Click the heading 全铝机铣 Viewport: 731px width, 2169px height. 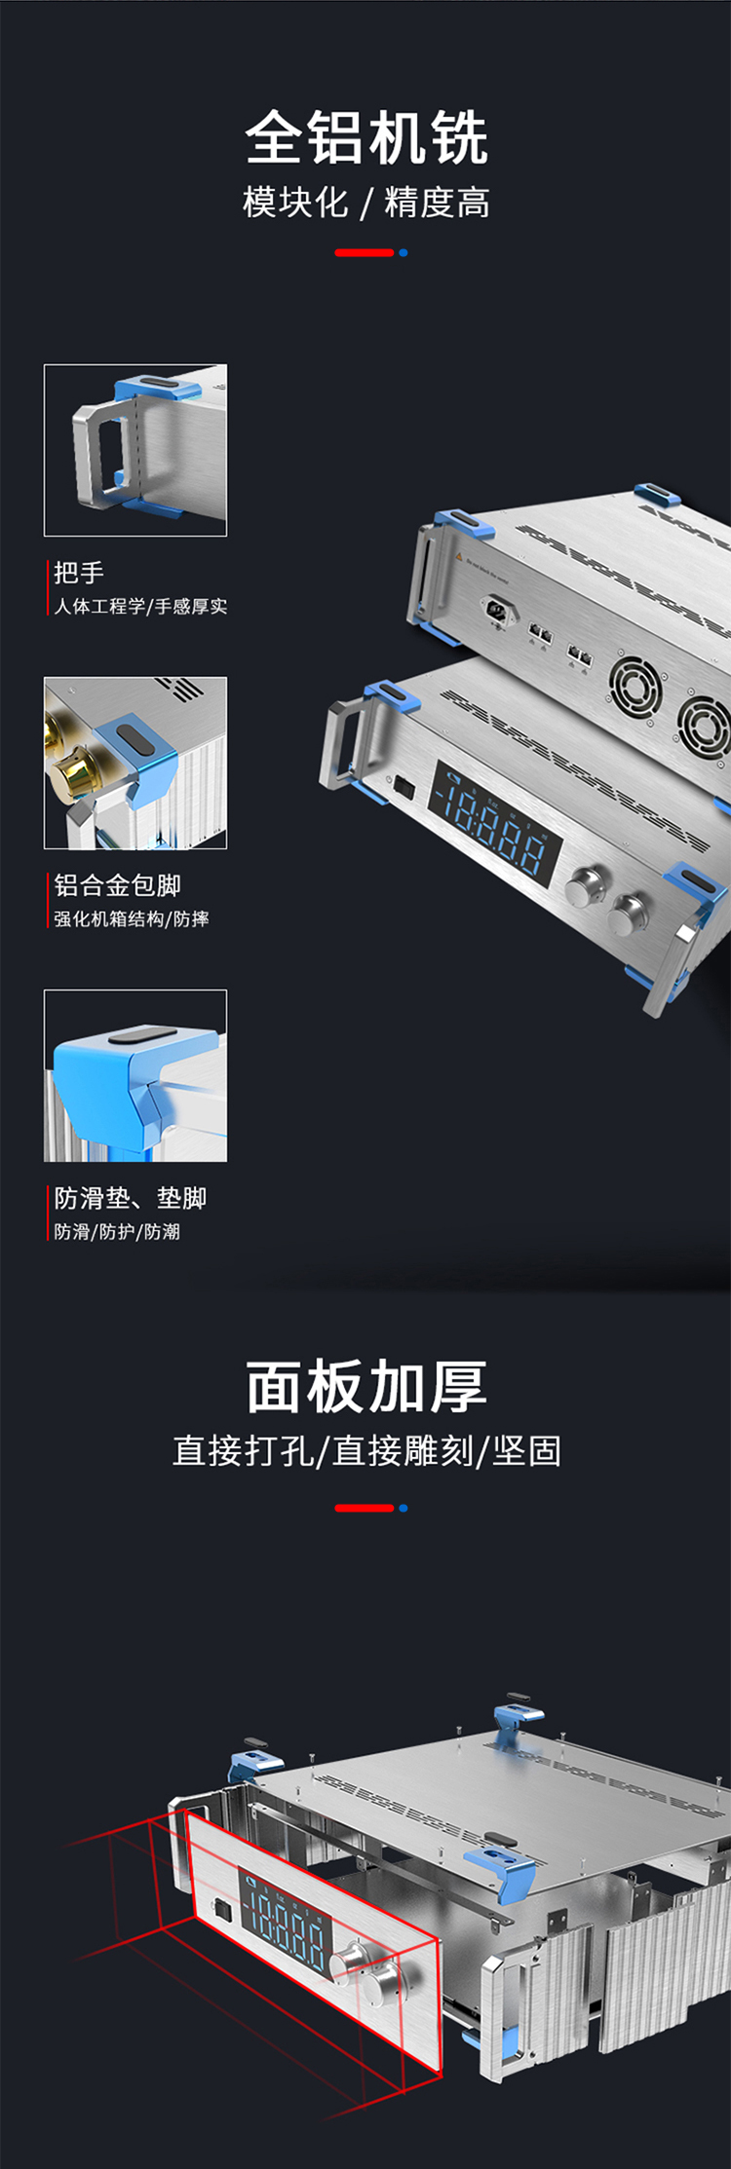pyautogui.click(x=365, y=137)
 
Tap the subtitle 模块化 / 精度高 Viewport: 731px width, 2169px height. pyautogui.click(x=365, y=203)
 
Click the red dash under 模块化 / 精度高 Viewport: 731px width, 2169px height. pyautogui.click(x=364, y=253)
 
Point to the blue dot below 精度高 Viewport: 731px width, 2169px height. pyautogui.click(x=404, y=253)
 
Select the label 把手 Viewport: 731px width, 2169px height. pyautogui.click(x=79, y=573)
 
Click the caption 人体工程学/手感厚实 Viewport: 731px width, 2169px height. pyautogui.click(x=140, y=606)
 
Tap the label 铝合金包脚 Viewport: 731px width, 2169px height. pyautogui.click(x=117, y=885)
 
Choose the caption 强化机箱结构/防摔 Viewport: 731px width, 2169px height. pyautogui.click(x=131, y=918)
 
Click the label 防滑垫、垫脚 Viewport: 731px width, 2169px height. pyautogui.click(x=130, y=1198)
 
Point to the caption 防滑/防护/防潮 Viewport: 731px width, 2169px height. pyautogui.click(x=117, y=1231)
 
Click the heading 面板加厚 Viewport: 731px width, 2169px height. pyautogui.click(x=365, y=1387)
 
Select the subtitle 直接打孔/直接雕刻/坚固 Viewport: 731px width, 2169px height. pyautogui.click(x=365, y=1451)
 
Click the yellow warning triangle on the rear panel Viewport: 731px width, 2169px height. pyautogui.click(x=458, y=557)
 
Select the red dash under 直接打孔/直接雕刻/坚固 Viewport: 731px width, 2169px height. pyautogui.click(x=364, y=1508)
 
